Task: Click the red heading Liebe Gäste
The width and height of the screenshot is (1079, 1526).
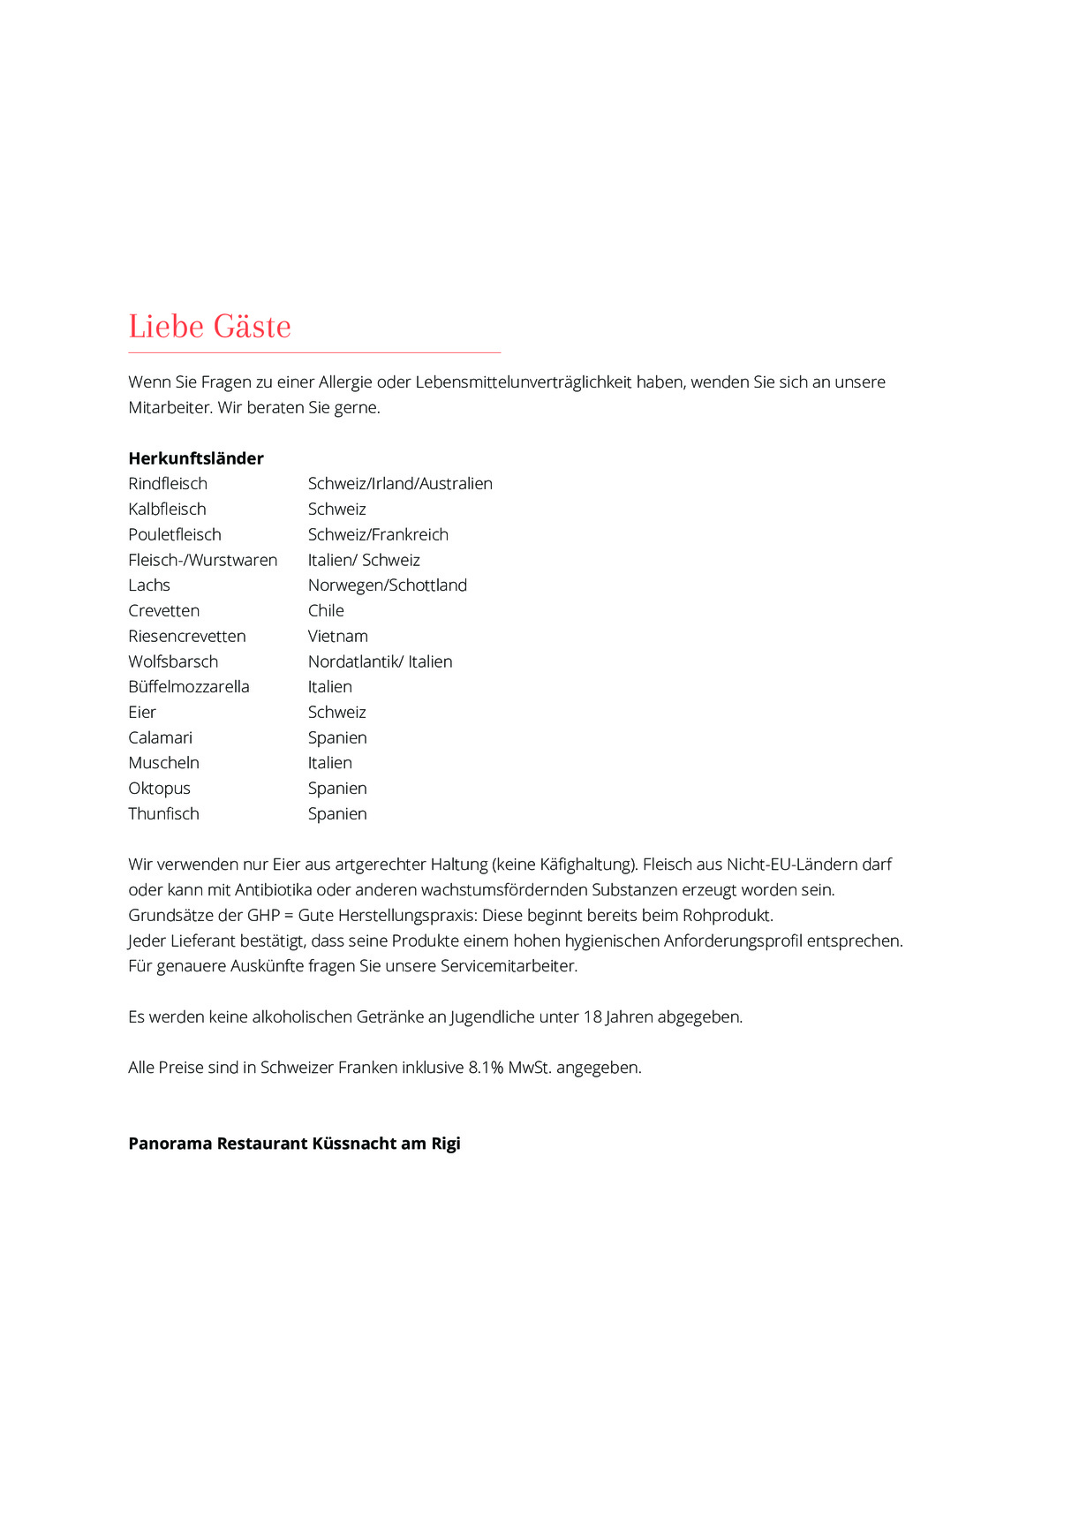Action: [x=209, y=327]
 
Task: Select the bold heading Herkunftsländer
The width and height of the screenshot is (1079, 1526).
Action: [x=196, y=458]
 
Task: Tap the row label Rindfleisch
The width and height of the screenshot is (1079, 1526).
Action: [x=168, y=484]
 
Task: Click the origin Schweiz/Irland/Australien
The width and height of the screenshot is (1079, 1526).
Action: [x=400, y=484]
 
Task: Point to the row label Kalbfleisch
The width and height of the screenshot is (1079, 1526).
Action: [x=167, y=510]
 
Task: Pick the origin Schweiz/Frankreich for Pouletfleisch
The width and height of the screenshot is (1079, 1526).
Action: [x=378, y=535]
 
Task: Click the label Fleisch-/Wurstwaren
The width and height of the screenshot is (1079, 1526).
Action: [x=202, y=560]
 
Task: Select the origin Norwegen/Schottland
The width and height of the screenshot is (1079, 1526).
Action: [x=387, y=585]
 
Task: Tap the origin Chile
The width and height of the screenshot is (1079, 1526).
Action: [x=326, y=611]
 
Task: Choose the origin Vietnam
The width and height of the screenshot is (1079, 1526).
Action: [x=337, y=637]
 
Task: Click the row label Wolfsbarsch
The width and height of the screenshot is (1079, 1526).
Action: [x=173, y=662]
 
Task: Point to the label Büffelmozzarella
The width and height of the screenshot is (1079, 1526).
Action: [x=189, y=687]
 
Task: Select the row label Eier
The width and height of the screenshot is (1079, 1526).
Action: [x=142, y=713]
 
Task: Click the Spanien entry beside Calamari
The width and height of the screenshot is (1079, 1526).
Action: [x=337, y=738]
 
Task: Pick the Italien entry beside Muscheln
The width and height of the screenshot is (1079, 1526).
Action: [x=329, y=763]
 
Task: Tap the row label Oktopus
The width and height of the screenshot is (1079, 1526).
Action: [x=159, y=789]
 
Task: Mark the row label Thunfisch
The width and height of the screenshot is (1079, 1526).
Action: [x=163, y=814]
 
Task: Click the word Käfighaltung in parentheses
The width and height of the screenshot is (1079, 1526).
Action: [x=586, y=865]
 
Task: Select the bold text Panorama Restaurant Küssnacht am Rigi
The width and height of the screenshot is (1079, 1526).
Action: [x=294, y=1144]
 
